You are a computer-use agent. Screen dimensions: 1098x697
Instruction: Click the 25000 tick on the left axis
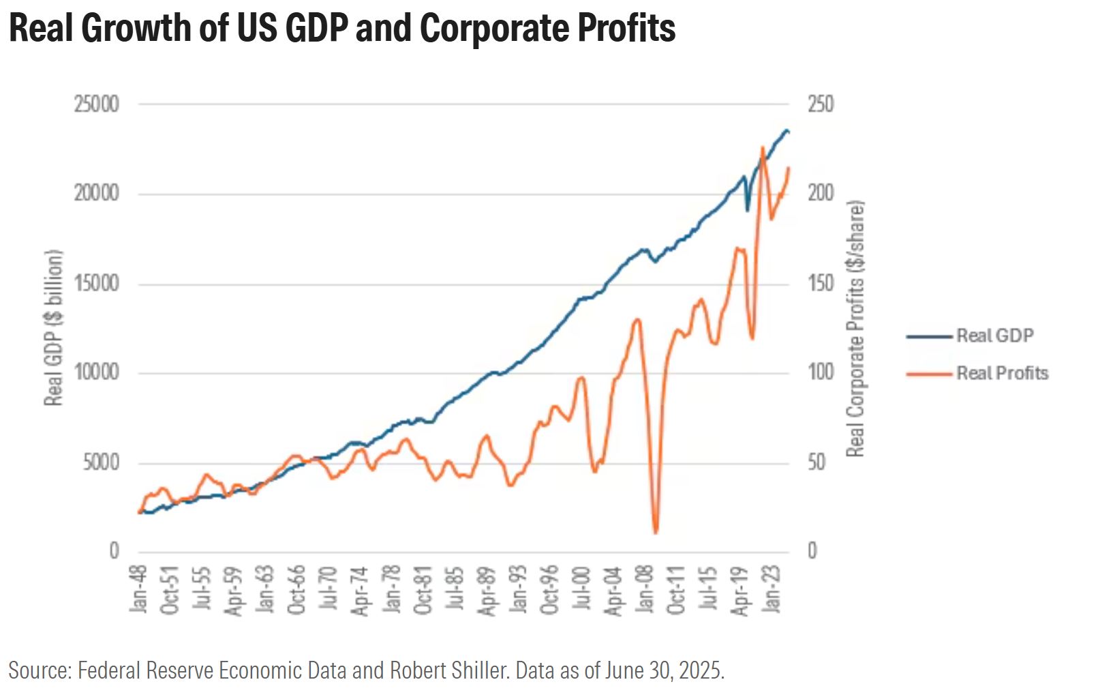(97, 104)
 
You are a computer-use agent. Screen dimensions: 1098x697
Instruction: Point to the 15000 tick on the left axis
(97, 284)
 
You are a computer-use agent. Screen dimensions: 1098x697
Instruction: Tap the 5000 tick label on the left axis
(102, 462)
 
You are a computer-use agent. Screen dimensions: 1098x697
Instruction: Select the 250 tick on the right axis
(821, 104)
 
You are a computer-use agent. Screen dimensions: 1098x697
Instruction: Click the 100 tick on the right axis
(821, 373)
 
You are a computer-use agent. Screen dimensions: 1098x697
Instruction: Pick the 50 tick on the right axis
(817, 462)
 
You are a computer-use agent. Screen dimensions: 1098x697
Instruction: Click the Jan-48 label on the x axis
(138, 589)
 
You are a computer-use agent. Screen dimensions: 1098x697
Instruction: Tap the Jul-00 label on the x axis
(581, 588)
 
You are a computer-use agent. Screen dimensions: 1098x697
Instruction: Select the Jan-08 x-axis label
(645, 589)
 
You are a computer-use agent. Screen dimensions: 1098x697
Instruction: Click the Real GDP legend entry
(995, 336)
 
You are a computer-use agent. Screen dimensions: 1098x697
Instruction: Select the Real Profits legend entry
(1003, 373)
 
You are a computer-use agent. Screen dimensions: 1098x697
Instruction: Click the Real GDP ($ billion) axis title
(53, 327)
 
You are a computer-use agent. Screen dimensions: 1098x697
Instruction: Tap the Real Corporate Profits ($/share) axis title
(855, 329)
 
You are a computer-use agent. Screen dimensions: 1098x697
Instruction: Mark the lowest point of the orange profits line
(656, 533)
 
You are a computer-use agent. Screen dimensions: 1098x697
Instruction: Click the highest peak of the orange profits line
(763, 147)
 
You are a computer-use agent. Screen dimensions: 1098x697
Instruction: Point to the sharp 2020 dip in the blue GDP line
(748, 211)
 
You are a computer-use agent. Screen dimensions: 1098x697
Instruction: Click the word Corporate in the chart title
(494, 28)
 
